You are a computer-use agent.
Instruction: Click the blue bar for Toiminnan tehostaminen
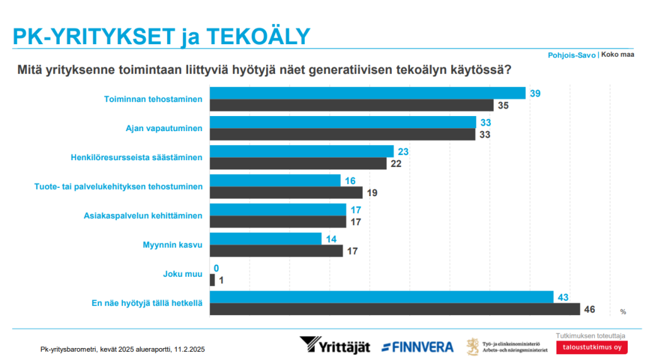pos(367,93)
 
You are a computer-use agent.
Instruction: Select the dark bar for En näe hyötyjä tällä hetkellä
pos(394,309)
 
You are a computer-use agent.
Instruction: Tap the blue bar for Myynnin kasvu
pos(265,239)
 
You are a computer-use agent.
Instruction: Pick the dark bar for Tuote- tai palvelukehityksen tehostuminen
pos(286,192)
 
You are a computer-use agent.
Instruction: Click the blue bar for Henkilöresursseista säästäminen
pos(301,151)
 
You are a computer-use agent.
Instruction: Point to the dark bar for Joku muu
pos(212,280)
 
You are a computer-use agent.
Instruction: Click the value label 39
pos(535,93)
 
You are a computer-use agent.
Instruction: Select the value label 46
pos(589,309)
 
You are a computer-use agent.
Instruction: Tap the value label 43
pos(563,297)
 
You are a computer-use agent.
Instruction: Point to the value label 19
pos(372,192)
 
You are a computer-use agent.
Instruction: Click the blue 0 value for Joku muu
pos(216,268)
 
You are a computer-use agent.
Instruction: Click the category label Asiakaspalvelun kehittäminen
pos(143,216)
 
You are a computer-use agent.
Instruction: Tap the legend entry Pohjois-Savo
pos(572,55)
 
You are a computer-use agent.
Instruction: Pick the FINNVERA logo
pos(418,346)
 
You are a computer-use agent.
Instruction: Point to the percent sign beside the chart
pos(623,311)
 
